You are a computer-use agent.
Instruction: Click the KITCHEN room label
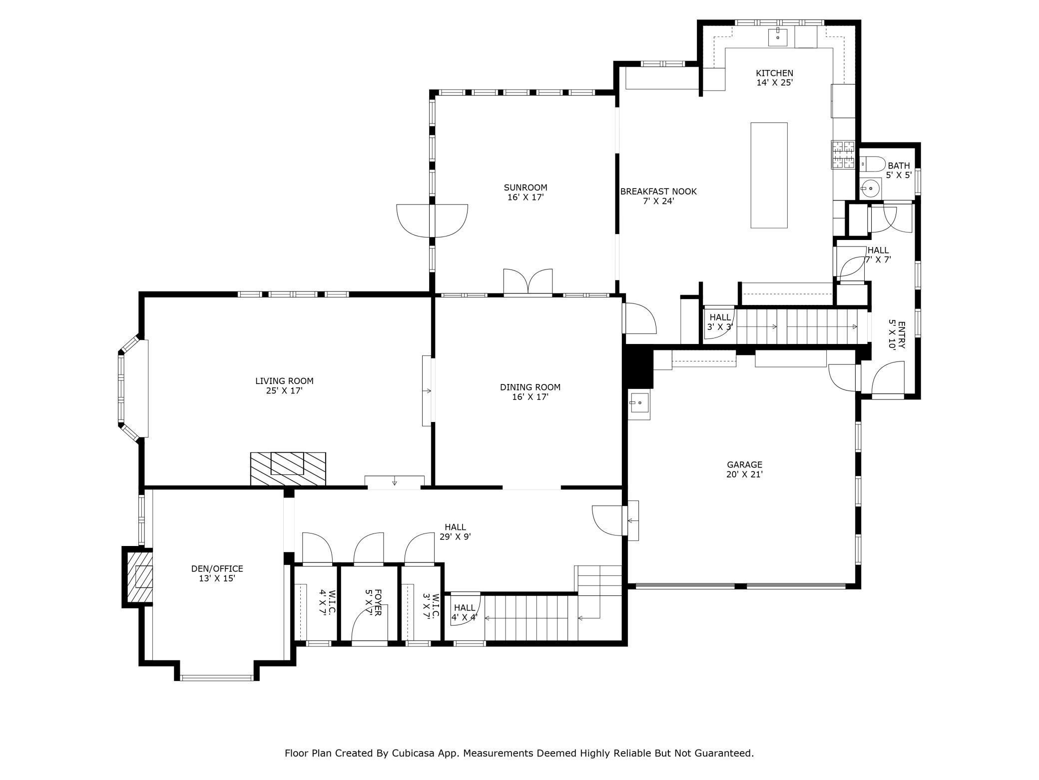pyautogui.click(x=774, y=73)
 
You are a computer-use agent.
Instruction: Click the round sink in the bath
pyautogui.click(x=871, y=188)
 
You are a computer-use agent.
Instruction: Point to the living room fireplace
pyautogui.click(x=288, y=468)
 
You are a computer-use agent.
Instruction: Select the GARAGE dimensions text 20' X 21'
pyautogui.click(x=744, y=474)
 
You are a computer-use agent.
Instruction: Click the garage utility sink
pyautogui.click(x=639, y=403)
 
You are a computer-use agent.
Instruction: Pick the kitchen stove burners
pyautogui.click(x=843, y=154)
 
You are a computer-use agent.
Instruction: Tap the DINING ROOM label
pyautogui.click(x=530, y=387)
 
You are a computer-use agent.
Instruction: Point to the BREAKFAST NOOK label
pyautogui.click(x=658, y=191)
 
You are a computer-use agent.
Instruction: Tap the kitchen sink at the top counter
pyautogui.click(x=777, y=35)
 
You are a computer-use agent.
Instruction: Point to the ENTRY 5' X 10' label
pyautogui.click(x=897, y=334)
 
